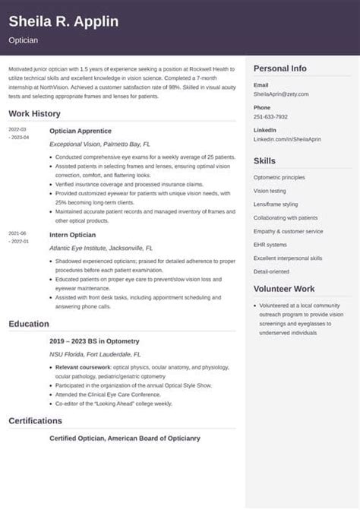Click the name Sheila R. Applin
pos(64,21)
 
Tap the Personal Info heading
pos(280,68)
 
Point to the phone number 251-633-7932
pos(270,116)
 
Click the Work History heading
pos(35,113)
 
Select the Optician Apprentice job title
pos(81,131)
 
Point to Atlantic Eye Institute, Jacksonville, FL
pos(101,248)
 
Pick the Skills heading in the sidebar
pos(264,161)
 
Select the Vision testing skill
pos(270,191)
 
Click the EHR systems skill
pos(270,245)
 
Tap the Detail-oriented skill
pos(271,271)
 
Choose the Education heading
pos(29,324)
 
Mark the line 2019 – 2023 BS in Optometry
pos(94,341)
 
